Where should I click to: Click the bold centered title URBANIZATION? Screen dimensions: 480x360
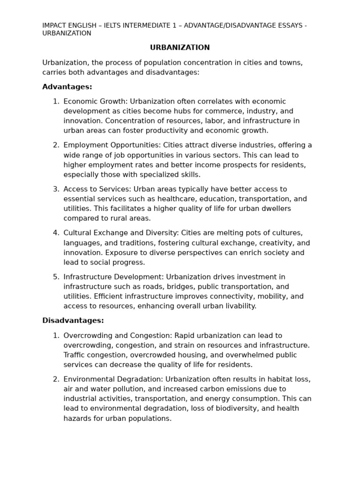coord(180,48)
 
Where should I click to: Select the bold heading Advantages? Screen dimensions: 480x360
coord(67,87)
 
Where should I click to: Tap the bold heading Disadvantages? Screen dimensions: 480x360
coord(73,321)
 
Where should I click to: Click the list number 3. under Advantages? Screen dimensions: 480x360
coord(56,189)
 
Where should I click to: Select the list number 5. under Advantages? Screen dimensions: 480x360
coord(56,277)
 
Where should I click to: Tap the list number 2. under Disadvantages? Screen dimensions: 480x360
coord(56,379)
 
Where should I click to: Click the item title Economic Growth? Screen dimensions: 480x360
coord(95,102)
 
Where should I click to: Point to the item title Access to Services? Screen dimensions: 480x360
coord(97,189)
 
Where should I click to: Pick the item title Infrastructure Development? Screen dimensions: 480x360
coord(113,277)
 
